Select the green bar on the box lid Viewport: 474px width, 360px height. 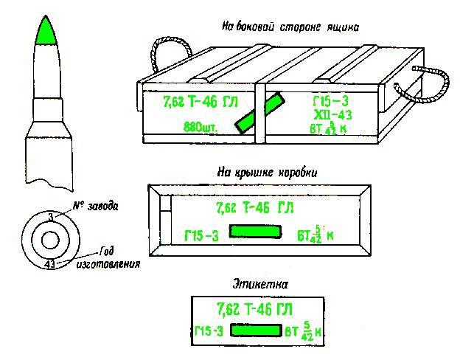255,232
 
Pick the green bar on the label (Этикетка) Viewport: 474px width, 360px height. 256,330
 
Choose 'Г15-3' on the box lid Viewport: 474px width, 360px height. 200,235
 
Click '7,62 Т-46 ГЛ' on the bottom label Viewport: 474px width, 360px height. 255,307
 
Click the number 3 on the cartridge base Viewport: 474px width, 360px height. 49,215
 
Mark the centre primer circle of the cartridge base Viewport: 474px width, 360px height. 49,239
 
